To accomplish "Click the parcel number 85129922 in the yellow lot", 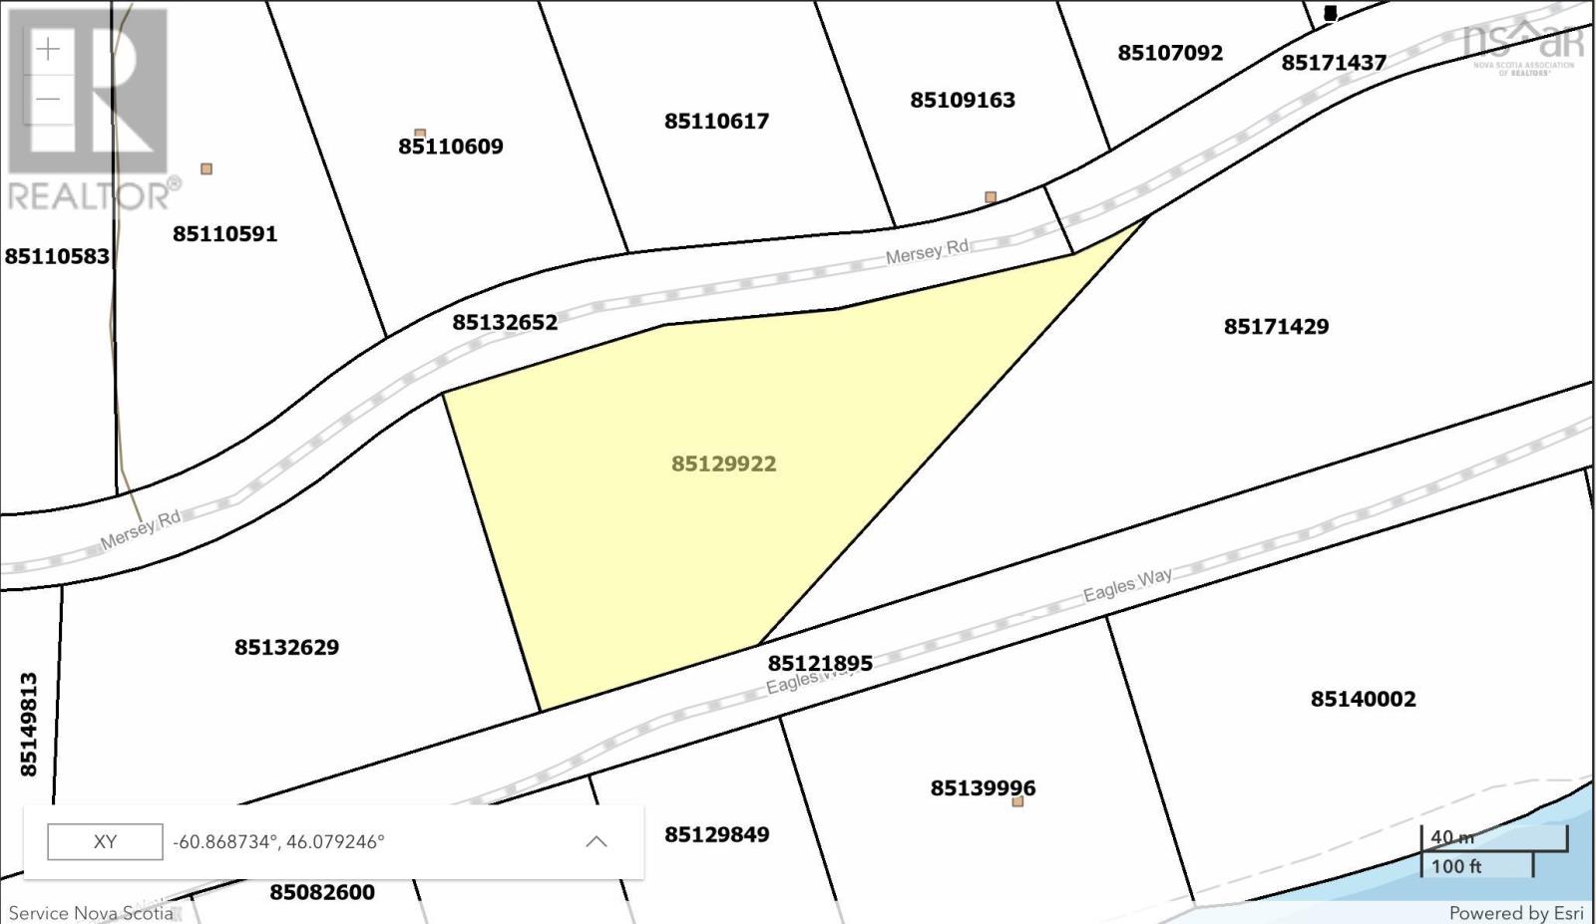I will point(723,463).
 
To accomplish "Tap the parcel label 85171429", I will point(1276,326).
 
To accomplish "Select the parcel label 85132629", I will point(286,647).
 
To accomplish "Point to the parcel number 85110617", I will point(716,121).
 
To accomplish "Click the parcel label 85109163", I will point(962,100).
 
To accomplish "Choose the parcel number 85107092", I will point(1169,53).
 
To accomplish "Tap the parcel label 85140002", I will point(1363,699).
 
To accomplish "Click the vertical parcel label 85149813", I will point(28,725).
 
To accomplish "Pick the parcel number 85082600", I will point(322,892).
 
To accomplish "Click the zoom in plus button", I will point(48,49).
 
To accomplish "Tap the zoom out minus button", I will point(48,99).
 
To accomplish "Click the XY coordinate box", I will point(105,841).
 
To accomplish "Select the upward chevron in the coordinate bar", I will point(596,841).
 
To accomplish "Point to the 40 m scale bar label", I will point(1451,837).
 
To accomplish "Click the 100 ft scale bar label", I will point(1455,866).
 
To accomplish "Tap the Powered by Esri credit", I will point(1515,913).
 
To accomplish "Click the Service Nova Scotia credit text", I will point(91,913).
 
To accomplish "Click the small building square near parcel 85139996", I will point(1017,801).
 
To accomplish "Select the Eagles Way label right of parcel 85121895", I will point(1127,585).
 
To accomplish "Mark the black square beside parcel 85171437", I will point(1330,13).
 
